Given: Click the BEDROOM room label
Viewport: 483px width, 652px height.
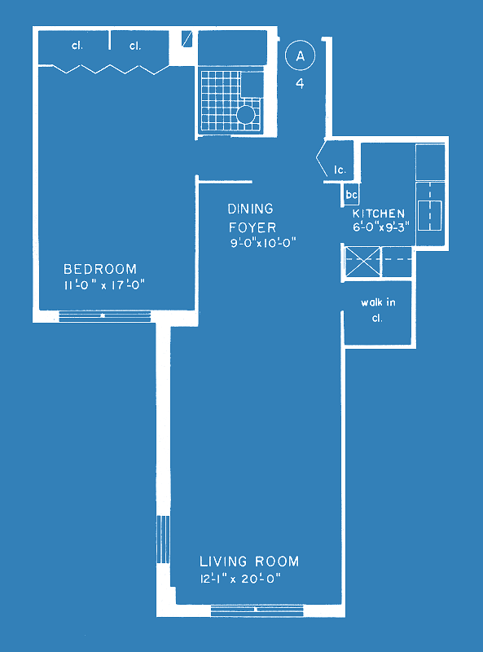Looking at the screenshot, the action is coord(100,269).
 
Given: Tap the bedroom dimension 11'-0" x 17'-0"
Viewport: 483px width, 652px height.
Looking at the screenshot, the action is coord(104,285).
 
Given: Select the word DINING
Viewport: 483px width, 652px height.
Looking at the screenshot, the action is coord(251,209).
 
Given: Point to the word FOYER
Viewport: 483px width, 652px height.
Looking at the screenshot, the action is coord(252,227).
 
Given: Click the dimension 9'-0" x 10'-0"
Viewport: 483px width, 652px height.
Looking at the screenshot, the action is coord(263,243).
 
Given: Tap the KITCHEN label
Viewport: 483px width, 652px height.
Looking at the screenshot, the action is coord(379,214).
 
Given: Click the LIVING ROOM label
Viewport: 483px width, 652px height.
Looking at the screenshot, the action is coord(249,562).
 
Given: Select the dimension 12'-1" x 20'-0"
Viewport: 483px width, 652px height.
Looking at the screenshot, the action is coord(240,579).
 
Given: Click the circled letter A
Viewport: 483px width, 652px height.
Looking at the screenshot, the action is coord(300,55).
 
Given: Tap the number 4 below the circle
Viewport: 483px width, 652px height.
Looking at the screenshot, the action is coord(300,84).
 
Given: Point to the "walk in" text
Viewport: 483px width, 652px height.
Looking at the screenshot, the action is coord(378,302).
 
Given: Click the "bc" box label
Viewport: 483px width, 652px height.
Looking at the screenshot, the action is coord(352,195).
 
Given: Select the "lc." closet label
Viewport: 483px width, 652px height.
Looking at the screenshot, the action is coord(340,170).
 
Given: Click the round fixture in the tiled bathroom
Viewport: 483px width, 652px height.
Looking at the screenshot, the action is coord(246,115).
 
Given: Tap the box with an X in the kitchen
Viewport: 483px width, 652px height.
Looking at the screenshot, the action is coord(363,261).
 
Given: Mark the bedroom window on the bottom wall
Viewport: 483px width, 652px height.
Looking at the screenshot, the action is coord(105,316).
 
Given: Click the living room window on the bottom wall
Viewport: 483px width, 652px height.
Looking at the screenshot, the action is coord(257,610).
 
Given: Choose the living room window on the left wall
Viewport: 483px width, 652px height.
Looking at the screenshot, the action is coord(164,540).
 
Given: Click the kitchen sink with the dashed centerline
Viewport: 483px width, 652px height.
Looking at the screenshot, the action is coord(430,215).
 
